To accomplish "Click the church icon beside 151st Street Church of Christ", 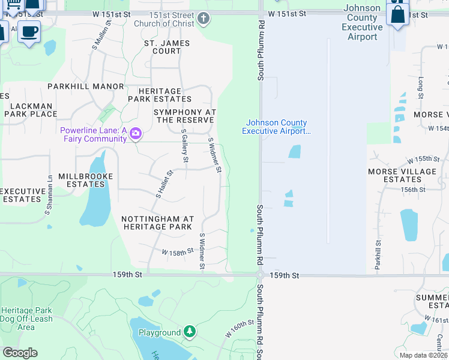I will [x=203, y=19].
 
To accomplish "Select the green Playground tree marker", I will [x=190, y=331].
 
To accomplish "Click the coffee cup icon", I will [x=28, y=32].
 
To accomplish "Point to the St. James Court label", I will [x=167, y=47].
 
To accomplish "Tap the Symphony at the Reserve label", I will [x=184, y=116].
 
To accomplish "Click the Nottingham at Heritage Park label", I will [x=157, y=223].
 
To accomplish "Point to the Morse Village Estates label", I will [x=402, y=175].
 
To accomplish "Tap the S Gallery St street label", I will [x=185, y=148].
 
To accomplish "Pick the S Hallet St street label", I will [x=164, y=184].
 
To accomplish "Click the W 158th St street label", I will [x=178, y=252].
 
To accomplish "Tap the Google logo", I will [x=20, y=353].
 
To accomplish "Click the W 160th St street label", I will [x=240, y=328].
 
